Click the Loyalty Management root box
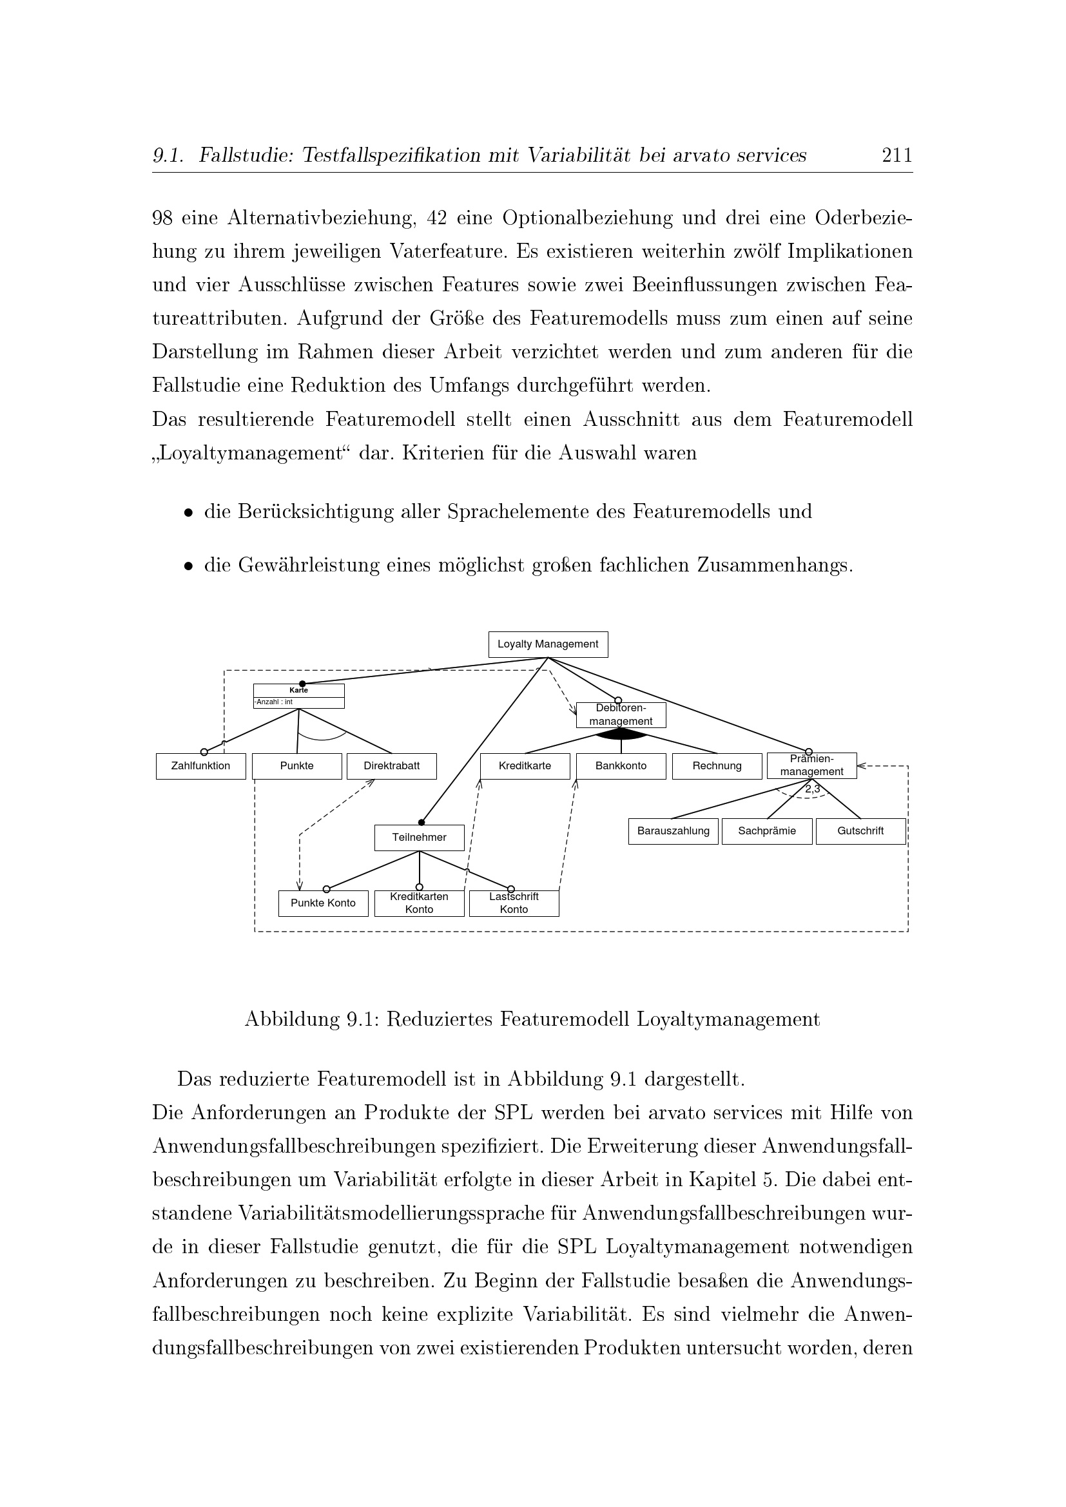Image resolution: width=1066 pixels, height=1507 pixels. (x=547, y=644)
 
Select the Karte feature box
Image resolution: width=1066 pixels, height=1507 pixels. (x=298, y=696)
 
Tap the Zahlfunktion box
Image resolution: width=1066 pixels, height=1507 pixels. (x=201, y=766)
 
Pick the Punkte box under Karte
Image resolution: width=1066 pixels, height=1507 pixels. (x=296, y=766)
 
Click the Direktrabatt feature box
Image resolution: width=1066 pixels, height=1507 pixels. (x=391, y=766)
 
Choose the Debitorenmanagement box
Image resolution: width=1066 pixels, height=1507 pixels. (x=621, y=715)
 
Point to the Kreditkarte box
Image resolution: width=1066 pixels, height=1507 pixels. (x=525, y=766)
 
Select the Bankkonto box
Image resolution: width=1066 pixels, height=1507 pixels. (x=621, y=766)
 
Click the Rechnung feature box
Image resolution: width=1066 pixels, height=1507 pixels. (x=717, y=766)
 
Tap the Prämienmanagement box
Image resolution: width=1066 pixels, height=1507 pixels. (x=811, y=765)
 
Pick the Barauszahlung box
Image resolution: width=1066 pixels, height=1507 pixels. (x=673, y=831)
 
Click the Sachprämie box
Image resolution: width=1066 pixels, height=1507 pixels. (x=767, y=831)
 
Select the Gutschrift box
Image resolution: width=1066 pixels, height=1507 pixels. (x=860, y=831)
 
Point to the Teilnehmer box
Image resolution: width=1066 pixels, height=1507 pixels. (x=419, y=838)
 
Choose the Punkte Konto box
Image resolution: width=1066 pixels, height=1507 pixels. (x=323, y=903)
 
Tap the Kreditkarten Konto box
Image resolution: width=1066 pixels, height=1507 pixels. (x=419, y=903)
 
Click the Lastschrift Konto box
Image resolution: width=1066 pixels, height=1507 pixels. (x=514, y=903)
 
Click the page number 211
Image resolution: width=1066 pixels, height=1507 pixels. (x=896, y=155)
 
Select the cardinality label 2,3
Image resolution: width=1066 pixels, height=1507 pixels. (x=813, y=790)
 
